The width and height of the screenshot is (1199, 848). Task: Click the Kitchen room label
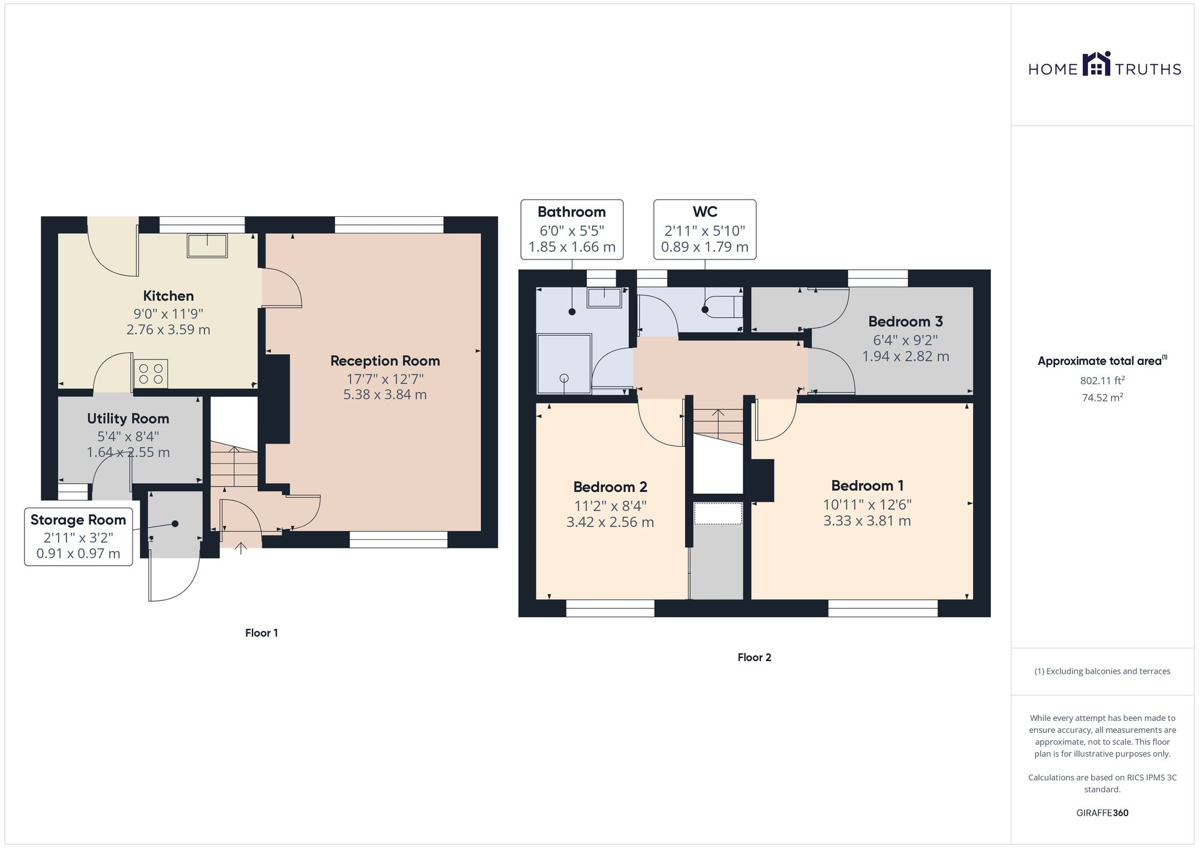pyautogui.click(x=168, y=296)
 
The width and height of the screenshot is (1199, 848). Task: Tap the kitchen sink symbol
pyautogui.click(x=207, y=246)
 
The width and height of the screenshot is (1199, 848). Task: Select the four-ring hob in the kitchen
pyautogui.click(x=150, y=374)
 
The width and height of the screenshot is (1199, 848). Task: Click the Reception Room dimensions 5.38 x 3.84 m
pyautogui.click(x=385, y=395)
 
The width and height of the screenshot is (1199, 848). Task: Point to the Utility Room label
pyautogui.click(x=128, y=419)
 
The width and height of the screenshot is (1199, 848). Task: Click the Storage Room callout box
pyautogui.click(x=79, y=536)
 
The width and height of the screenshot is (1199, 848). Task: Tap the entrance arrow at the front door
pyautogui.click(x=241, y=548)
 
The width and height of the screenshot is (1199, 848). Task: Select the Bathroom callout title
pyautogui.click(x=571, y=212)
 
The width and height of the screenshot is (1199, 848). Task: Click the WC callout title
pyautogui.click(x=704, y=212)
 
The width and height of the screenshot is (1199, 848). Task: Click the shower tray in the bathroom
pyautogui.click(x=564, y=364)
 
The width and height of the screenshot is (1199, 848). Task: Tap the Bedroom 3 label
pyautogui.click(x=905, y=322)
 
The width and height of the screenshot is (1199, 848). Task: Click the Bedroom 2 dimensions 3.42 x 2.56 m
pyautogui.click(x=610, y=523)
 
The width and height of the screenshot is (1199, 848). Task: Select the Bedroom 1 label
pyautogui.click(x=867, y=486)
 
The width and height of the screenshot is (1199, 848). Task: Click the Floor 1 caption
pyautogui.click(x=261, y=633)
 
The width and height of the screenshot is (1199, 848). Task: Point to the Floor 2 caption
pyautogui.click(x=754, y=657)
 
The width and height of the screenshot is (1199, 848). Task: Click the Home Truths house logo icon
pyautogui.click(x=1096, y=64)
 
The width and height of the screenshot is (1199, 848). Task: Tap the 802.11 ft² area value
pyautogui.click(x=1102, y=381)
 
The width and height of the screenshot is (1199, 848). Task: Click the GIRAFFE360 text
pyautogui.click(x=1102, y=813)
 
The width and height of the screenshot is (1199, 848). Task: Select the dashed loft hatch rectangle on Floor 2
pyautogui.click(x=718, y=514)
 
